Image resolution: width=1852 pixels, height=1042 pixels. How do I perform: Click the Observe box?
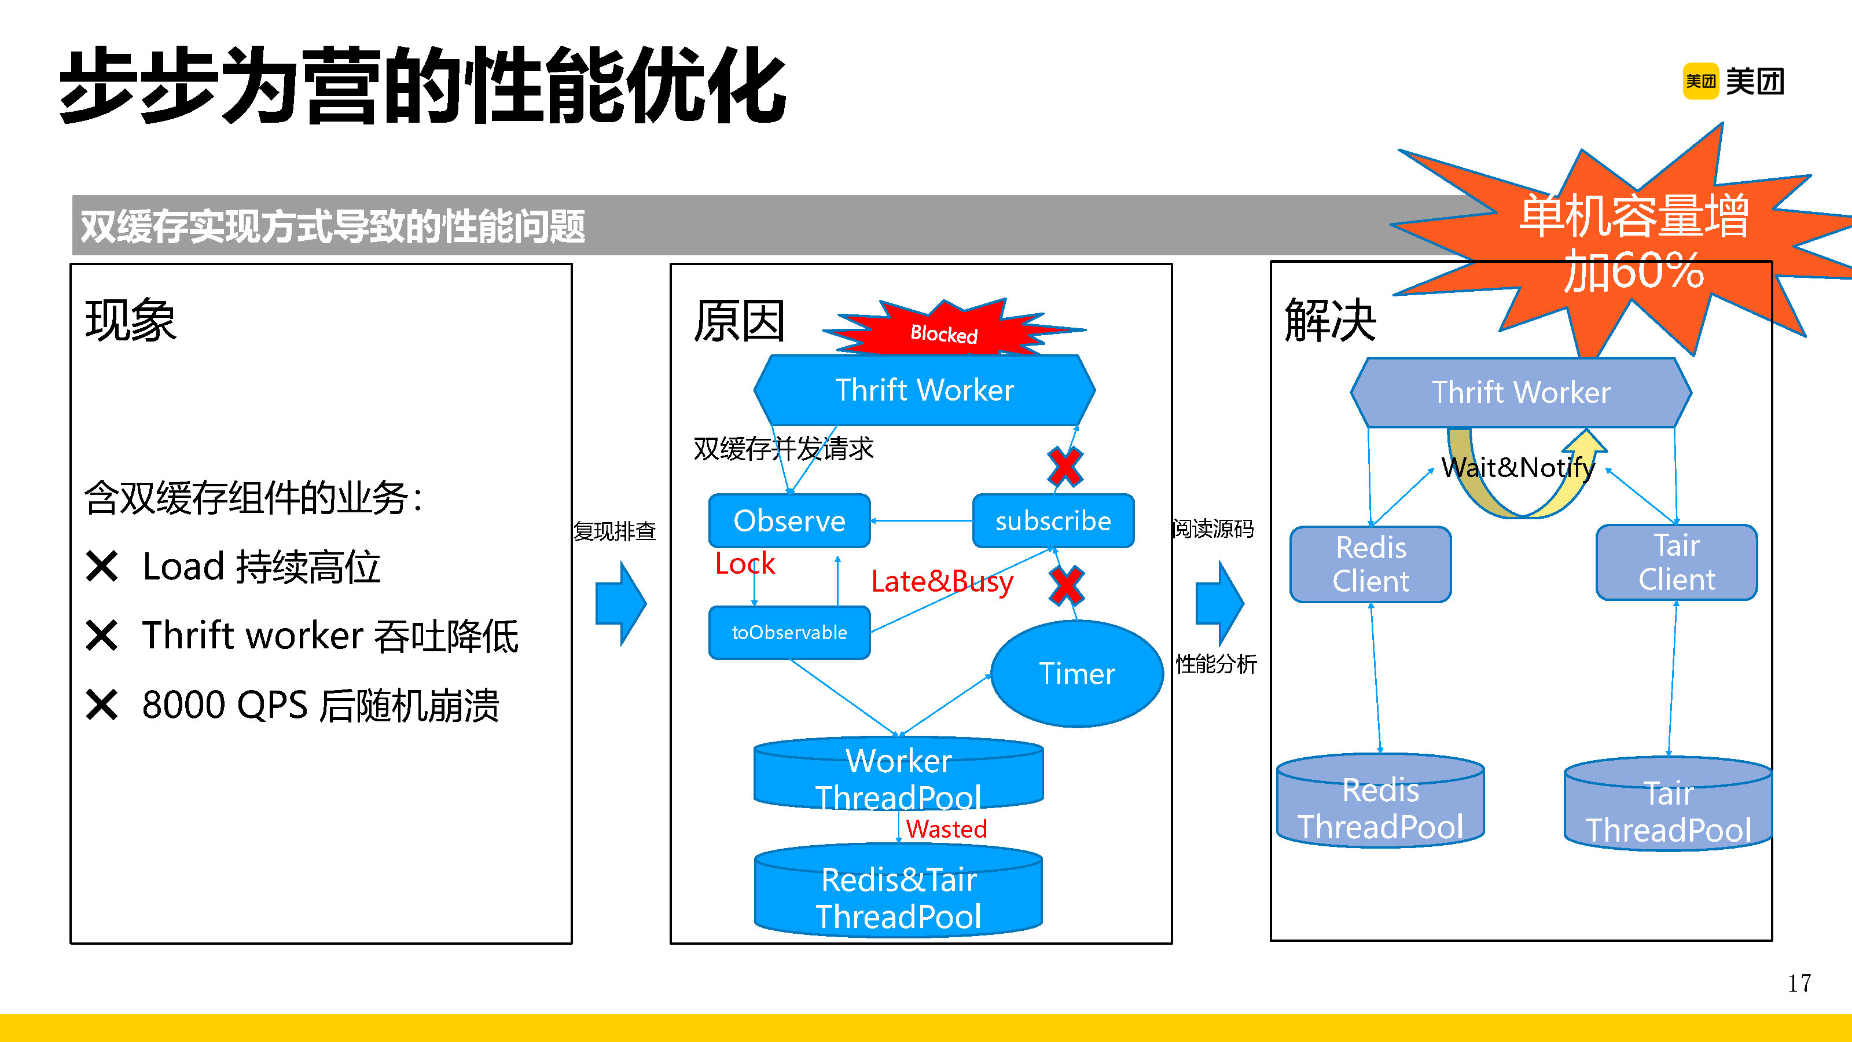click(789, 520)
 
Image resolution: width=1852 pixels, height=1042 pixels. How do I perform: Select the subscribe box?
click(1053, 520)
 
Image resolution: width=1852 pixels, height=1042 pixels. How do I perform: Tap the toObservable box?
click(789, 633)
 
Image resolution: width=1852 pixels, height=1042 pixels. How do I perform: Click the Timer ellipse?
click(1076, 674)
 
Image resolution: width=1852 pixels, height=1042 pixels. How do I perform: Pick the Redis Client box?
click(1370, 564)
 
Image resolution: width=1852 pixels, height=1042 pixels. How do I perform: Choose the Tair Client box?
click(1676, 562)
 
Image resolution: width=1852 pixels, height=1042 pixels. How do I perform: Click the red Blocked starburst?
click(943, 332)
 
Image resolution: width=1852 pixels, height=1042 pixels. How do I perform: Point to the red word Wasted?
click(946, 829)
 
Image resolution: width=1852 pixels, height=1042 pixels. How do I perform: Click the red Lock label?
click(744, 564)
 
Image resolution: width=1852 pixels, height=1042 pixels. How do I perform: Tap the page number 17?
click(1799, 983)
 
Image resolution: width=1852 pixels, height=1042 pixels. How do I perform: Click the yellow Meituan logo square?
click(1700, 80)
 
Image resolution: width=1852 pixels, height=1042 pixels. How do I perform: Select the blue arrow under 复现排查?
click(620, 603)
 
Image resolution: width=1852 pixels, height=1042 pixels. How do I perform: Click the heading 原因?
click(738, 321)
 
